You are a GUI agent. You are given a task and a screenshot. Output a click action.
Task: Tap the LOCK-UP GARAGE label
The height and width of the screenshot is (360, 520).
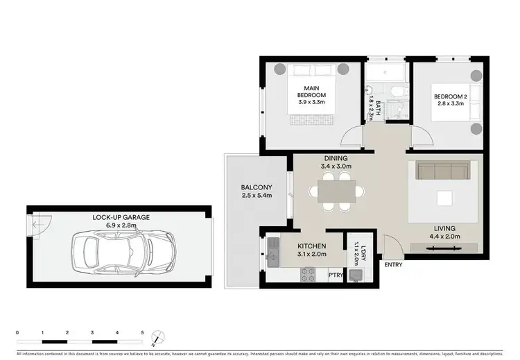tap(121, 217)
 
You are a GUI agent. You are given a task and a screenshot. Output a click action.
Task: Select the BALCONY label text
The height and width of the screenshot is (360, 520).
tap(256, 187)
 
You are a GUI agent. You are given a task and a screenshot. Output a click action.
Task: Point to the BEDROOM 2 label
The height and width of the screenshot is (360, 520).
tap(451, 96)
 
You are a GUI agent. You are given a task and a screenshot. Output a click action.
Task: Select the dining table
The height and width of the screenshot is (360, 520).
tap(337, 190)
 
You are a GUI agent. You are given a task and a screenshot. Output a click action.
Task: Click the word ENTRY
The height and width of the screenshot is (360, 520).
tap(392, 264)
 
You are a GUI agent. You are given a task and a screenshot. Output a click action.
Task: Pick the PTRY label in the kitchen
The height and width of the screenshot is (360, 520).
tap(336, 275)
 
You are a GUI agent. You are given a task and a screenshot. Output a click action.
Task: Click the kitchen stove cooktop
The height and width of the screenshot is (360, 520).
tap(308, 275)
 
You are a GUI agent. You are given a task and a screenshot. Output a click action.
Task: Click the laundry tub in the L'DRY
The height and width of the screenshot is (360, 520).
tap(356, 275)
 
